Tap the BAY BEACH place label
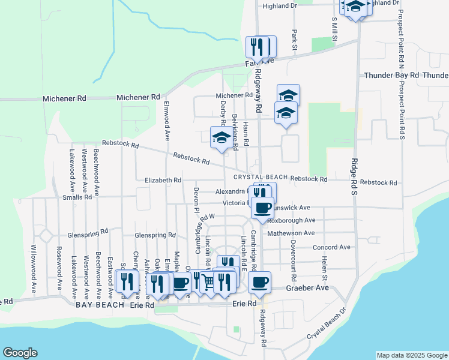click(101, 305)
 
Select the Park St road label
click(295, 40)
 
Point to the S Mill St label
click(334, 29)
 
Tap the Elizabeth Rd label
click(163, 180)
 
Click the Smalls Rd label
click(76, 197)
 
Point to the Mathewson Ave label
click(291, 233)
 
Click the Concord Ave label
click(331, 247)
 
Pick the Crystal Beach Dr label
click(327, 325)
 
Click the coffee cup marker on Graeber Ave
click(259, 281)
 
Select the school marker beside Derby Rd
click(220, 137)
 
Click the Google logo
click(20, 353)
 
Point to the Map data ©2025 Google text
click(412, 355)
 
